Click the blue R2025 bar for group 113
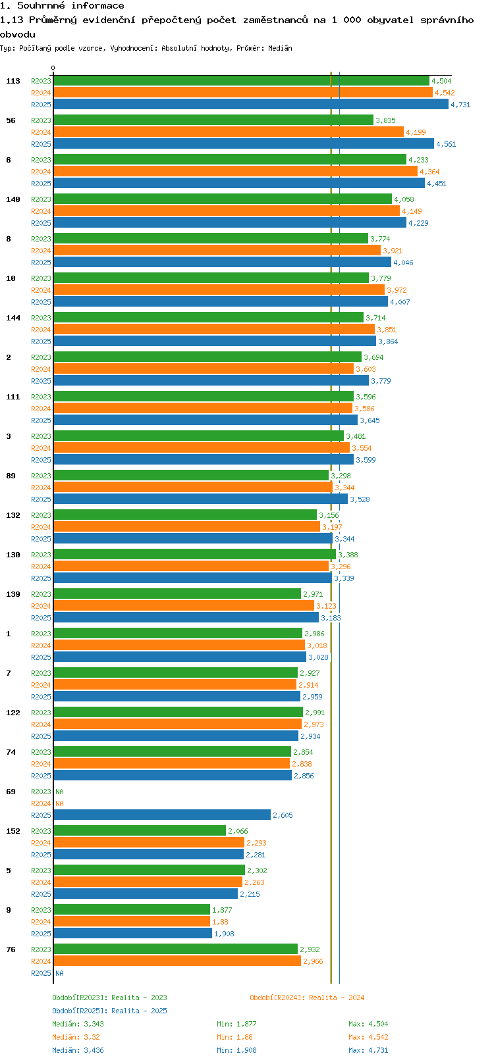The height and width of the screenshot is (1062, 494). click(x=250, y=105)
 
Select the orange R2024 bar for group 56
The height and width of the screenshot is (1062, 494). click(x=228, y=132)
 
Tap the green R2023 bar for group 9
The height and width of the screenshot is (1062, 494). click(x=132, y=910)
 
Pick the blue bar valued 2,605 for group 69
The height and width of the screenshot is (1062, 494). click(x=162, y=815)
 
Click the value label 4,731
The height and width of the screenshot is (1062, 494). click(x=460, y=105)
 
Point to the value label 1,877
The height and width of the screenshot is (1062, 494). click(x=222, y=910)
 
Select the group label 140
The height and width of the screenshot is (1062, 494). click(x=13, y=199)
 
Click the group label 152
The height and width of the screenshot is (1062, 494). click(x=13, y=831)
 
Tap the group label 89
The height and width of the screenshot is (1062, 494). click(x=11, y=476)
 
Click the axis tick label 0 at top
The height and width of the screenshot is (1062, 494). click(x=53, y=68)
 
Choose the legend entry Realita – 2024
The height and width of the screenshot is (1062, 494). click(x=307, y=998)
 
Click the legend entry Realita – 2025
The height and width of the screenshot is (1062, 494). click(x=109, y=1011)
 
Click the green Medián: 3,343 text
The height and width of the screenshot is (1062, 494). click(x=78, y=1024)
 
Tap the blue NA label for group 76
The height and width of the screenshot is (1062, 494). click(x=59, y=973)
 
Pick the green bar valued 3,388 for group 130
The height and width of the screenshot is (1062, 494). click(x=194, y=555)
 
